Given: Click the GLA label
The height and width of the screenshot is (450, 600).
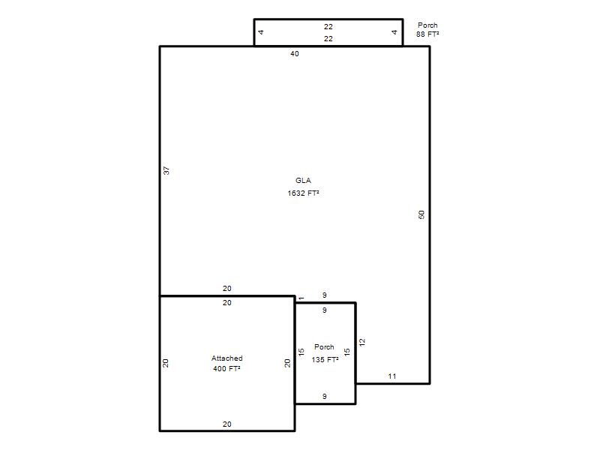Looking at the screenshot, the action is [x=303, y=180].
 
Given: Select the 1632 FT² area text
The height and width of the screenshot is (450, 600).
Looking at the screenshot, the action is [x=303, y=193].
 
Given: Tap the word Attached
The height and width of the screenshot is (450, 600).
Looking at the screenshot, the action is [x=227, y=358].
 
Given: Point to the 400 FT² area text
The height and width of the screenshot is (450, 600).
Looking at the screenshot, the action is [x=226, y=368].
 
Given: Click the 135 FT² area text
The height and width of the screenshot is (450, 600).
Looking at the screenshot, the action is [x=325, y=359].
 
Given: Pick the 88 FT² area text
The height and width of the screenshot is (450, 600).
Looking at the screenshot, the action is [x=427, y=34].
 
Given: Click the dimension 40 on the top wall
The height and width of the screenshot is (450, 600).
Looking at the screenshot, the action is [x=295, y=53].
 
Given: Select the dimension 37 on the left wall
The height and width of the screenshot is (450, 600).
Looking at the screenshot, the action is [x=166, y=170].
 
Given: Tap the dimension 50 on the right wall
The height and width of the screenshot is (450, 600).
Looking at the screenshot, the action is [x=421, y=214].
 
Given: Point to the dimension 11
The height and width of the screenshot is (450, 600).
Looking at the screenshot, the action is [x=391, y=376].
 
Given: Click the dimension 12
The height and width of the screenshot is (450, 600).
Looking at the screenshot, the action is [x=362, y=342].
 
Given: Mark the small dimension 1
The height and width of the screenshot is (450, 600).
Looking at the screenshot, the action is [x=301, y=298].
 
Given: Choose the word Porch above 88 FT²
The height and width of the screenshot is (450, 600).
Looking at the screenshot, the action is [x=427, y=25].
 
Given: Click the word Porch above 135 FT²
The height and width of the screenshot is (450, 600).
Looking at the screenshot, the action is [x=324, y=346].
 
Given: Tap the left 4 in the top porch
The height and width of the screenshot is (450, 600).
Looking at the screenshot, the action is [x=261, y=32].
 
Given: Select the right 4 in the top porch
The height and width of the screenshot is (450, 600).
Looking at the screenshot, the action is [x=394, y=32].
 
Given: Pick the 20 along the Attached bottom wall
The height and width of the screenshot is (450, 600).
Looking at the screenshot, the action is [x=227, y=424].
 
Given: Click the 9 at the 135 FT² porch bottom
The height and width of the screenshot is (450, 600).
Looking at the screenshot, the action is [x=325, y=397].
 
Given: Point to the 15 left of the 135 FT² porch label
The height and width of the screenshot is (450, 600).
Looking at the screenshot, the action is [x=301, y=352].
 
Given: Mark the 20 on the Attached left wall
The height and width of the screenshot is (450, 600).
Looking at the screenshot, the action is [x=165, y=363].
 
